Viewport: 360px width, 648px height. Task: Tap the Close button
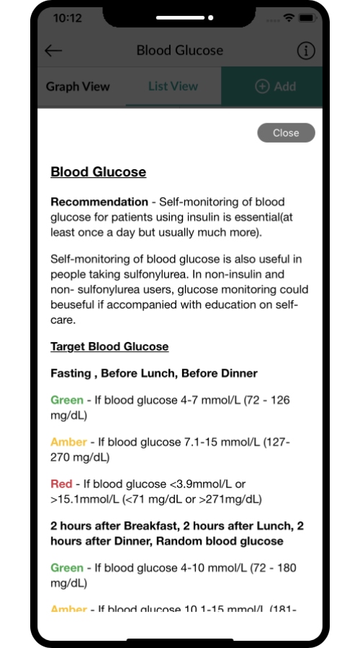(x=286, y=132)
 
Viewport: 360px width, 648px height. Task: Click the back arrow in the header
(x=53, y=50)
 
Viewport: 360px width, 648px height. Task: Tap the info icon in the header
(x=306, y=50)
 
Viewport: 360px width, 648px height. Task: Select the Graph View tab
(x=78, y=86)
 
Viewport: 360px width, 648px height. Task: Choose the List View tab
(x=173, y=86)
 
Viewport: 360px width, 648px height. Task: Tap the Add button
(x=276, y=86)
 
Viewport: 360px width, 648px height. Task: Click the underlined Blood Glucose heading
(x=98, y=172)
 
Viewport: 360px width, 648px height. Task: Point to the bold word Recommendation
(x=99, y=202)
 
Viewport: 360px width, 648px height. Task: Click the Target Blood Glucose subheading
(x=109, y=346)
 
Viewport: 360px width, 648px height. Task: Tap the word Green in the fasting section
(x=66, y=400)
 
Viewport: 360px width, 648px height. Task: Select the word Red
(x=61, y=484)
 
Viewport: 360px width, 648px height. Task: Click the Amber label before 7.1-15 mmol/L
(x=68, y=441)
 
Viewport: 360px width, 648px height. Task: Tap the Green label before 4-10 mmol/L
(x=66, y=567)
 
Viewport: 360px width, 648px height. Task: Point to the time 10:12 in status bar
(x=67, y=17)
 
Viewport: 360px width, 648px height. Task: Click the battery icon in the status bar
(x=307, y=17)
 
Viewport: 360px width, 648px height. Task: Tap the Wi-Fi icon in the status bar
(x=289, y=17)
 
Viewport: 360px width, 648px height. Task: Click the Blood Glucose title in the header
(x=180, y=50)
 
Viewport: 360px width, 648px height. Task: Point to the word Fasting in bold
(x=70, y=373)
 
